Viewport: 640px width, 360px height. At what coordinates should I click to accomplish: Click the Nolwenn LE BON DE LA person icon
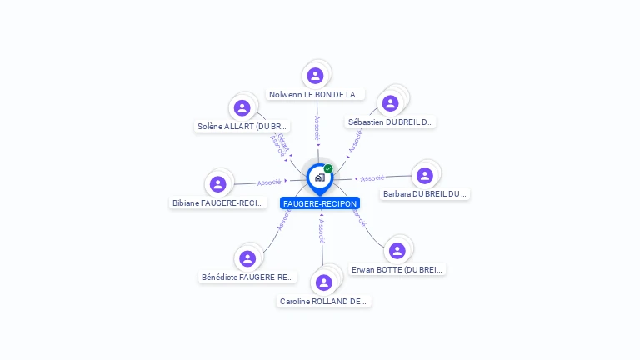pos(315,76)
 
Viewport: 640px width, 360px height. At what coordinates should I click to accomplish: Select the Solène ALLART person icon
pos(242,107)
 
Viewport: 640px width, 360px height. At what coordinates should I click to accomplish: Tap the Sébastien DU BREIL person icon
pos(389,103)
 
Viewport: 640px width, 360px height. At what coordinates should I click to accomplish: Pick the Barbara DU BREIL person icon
pos(425,176)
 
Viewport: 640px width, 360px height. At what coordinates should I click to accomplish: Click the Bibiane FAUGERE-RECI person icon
pos(218,183)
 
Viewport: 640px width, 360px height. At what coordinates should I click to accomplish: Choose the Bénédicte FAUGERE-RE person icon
pos(247,258)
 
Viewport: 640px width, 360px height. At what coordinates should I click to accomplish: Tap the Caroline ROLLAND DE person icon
pos(324,282)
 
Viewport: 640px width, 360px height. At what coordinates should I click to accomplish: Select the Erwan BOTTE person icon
pos(397,250)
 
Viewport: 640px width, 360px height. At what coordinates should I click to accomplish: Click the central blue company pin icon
pos(319,177)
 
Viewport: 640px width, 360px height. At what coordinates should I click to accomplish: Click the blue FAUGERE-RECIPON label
pos(320,203)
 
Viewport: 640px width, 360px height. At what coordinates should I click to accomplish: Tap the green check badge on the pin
pos(328,168)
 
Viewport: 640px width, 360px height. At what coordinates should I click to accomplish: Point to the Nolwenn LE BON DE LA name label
pos(316,95)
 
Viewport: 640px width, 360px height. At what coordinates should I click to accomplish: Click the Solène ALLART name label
pos(242,127)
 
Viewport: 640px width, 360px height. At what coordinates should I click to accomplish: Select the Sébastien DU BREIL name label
pos(391,122)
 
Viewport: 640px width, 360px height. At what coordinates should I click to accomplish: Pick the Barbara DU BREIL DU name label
pos(425,194)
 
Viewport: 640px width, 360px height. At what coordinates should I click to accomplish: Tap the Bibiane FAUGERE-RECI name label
pos(218,202)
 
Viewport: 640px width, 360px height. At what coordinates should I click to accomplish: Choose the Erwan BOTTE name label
pos(397,269)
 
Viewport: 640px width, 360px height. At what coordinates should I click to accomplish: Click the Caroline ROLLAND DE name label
pos(324,301)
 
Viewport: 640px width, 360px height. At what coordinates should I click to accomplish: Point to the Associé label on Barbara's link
pos(372,177)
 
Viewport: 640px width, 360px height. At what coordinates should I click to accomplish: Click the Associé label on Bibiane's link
pos(268,182)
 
